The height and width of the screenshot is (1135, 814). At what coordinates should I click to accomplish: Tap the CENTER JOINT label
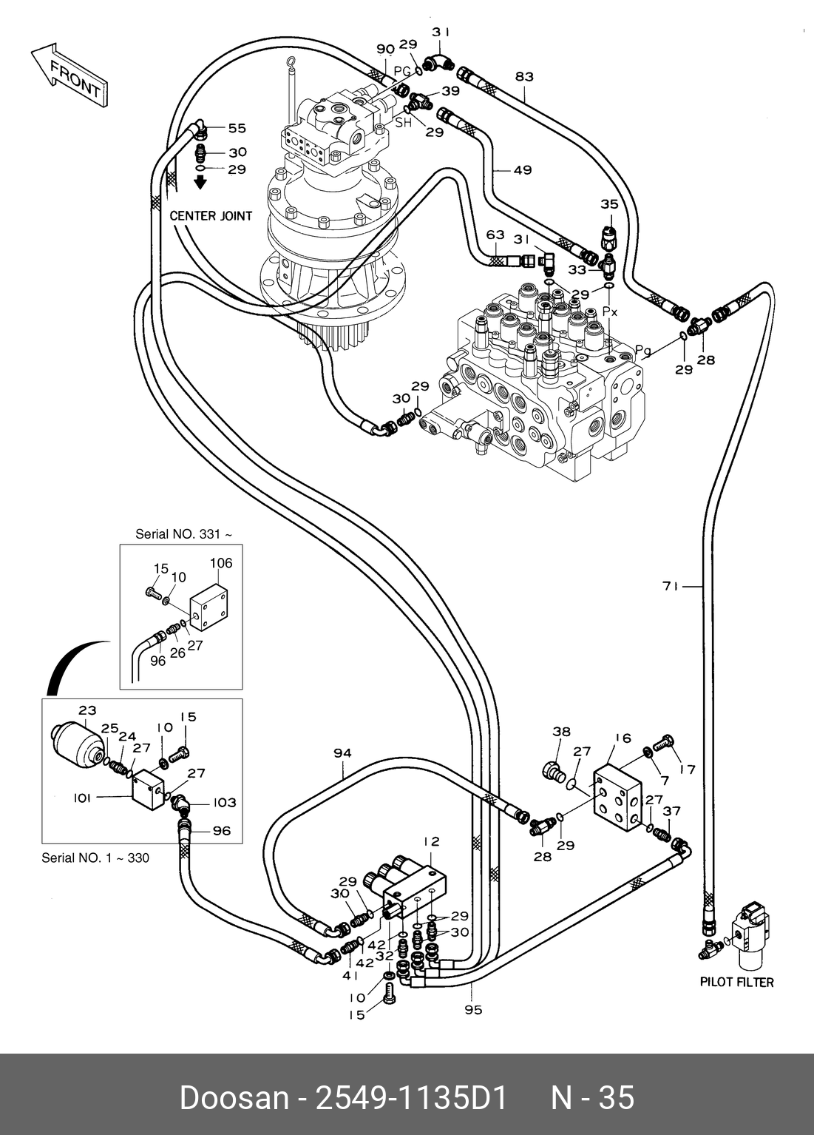(x=211, y=216)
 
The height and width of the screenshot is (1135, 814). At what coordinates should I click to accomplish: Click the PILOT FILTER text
(x=736, y=982)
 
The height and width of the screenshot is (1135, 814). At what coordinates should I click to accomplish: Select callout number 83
(x=524, y=76)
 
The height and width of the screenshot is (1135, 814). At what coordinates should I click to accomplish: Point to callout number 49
(x=523, y=170)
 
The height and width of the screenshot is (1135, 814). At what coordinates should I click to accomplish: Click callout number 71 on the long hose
(x=671, y=587)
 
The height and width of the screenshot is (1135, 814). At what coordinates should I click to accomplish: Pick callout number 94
(x=342, y=753)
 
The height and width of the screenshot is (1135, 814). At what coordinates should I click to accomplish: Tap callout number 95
(x=473, y=1009)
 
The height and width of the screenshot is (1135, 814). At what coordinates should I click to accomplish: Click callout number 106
(x=220, y=563)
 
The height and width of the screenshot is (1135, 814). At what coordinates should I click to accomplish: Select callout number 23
(x=87, y=710)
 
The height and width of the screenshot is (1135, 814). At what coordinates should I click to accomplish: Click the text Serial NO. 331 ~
(x=184, y=533)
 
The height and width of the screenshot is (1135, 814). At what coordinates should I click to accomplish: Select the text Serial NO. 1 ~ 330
(x=95, y=858)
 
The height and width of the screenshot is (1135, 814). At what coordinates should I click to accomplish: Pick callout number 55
(x=237, y=128)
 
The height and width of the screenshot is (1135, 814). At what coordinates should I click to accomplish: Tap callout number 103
(x=225, y=803)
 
